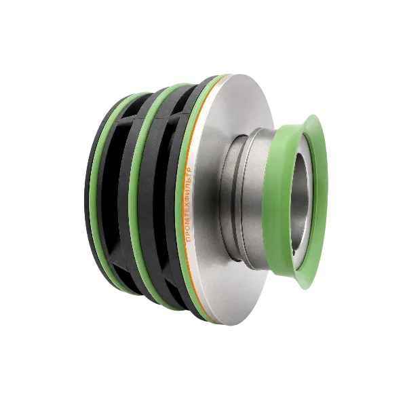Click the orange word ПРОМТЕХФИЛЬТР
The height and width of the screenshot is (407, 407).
(189, 205)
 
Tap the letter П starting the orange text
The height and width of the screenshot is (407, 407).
(188, 239)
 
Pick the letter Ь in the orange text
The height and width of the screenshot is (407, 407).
(189, 179)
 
